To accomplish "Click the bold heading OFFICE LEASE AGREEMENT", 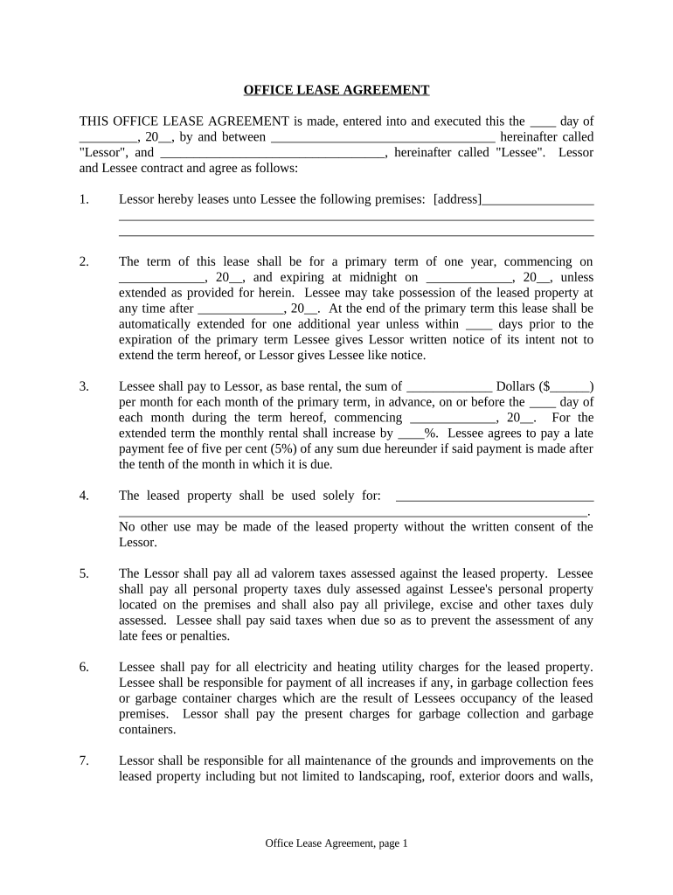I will [x=336, y=90].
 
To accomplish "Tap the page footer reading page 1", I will [x=336, y=843].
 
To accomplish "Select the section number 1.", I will [x=84, y=199].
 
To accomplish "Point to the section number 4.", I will [x=84, y=496].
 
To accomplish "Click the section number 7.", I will [x=84, y=761].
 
